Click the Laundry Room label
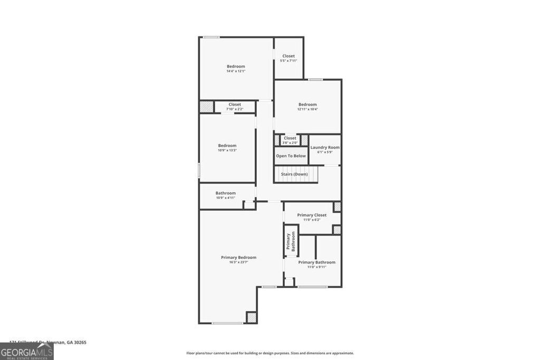click(325, 148)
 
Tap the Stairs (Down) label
click(294, 174)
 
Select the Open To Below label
click(291, 156)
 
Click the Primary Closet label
click(312, 215)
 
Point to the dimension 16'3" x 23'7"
click(238, 262)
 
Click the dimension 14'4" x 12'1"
click(236, 71)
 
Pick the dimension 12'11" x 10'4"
click(307, 109)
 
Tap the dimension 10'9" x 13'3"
click(227, 150)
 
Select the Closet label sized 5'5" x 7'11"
click(288, 56)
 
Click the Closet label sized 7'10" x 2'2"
click(235, 104)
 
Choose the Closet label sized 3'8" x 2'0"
click(290, 138)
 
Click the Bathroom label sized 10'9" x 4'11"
click(225, 193)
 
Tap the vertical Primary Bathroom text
click(291, 242)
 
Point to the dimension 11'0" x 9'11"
click(316, 267)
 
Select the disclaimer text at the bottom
click(270, 353)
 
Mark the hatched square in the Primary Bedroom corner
click(252, 317)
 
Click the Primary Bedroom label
click(238, 257)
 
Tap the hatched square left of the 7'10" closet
click(206, 106)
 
